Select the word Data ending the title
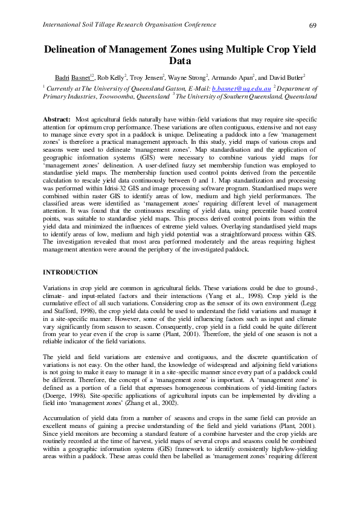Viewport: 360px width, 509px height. [180, 61]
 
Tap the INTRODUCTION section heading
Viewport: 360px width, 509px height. [70, 273]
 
